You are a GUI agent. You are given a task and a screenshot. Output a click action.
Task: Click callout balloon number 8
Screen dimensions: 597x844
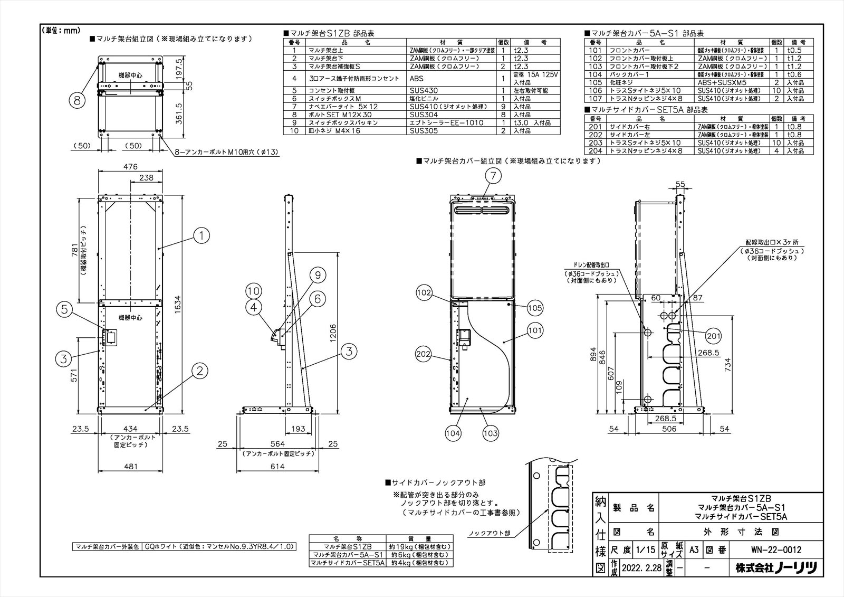(78, 100)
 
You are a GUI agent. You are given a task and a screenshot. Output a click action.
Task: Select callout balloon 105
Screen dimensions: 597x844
(534, 308)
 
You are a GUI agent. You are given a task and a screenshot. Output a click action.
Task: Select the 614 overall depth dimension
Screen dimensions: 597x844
(277, 466)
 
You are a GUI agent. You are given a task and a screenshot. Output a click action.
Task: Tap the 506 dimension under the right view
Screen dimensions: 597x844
(669, 429)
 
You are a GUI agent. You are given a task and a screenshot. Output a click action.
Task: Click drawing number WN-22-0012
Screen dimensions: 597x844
(775, 549)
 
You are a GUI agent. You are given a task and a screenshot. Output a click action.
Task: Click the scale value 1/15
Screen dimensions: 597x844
(646, 549)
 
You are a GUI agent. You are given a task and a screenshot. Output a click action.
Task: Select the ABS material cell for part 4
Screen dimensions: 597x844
(417, 78)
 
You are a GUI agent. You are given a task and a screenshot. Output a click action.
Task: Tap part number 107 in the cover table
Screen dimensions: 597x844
(595, 99)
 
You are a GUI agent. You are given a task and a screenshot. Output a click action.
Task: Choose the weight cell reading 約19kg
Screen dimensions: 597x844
(419, 547)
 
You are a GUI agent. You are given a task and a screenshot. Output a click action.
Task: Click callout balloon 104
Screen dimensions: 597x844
(453, 433)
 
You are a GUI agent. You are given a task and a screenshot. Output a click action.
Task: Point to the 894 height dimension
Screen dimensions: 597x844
(593, 353)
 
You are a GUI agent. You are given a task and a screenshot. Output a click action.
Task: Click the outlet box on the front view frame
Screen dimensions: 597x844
(110, 336)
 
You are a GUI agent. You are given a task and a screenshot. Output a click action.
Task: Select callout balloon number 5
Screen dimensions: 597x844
(64, 310)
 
